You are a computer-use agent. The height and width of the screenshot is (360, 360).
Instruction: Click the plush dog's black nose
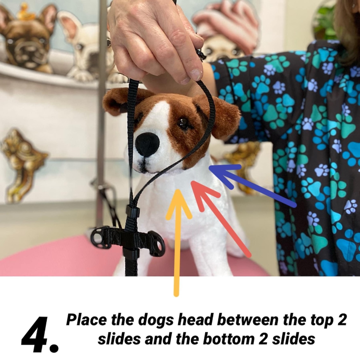pyautogui.click(x=147, y=144)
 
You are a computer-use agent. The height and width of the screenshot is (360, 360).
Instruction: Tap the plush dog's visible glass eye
pyautogui.click(x=183, y=123)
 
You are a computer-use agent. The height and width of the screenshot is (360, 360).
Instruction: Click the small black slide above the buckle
pyautogui.click(x=132, y=211)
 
